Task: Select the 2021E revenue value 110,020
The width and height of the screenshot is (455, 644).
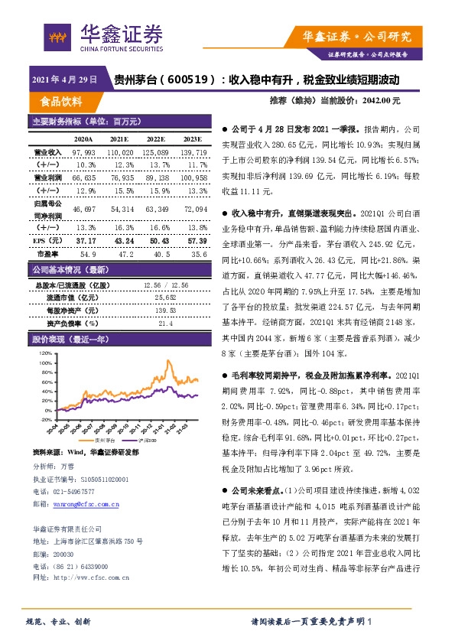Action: point(120,153)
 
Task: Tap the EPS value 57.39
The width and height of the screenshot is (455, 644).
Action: point(197,240)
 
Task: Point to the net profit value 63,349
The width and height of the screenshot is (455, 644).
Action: point(157,209)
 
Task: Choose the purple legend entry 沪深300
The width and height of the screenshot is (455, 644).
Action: point(142,441)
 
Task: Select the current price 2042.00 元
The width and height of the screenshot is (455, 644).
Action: point(380,101)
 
